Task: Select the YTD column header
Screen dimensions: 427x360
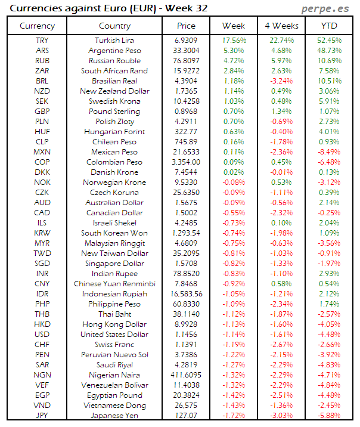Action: (x=329, y=26)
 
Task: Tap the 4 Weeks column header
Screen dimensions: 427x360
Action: (x=281, y=26)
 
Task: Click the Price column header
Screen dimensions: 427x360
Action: (x=186, y=26)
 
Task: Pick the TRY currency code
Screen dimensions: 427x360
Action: (x=42, y=41)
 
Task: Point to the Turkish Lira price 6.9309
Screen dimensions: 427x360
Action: (x=187, y=41)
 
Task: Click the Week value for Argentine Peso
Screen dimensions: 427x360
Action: (x=234, y=51)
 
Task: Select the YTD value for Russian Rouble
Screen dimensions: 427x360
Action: (x=329, y=61)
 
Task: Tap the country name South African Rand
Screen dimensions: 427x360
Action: (x=114, y=71)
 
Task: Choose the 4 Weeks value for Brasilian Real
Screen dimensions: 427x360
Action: (x=281, y=81)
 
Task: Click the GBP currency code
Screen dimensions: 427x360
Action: (x=42, y=112)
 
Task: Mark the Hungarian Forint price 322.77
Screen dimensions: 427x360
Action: (x=187, y=132)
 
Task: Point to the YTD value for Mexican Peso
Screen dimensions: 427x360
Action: (x=329, y=152)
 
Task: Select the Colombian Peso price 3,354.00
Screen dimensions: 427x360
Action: (x=187, y=162)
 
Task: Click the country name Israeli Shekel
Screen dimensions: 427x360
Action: (x=114, y=223)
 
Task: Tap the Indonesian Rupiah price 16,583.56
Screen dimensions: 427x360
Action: (x=187, y=294)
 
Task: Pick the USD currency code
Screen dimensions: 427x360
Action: (x=42, y=335)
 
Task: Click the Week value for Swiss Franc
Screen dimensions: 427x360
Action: (x=234, y=345)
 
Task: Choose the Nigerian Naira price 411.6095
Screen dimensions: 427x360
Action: (x=187, y=375)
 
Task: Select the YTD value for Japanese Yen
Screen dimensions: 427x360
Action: (x=329, y=416)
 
